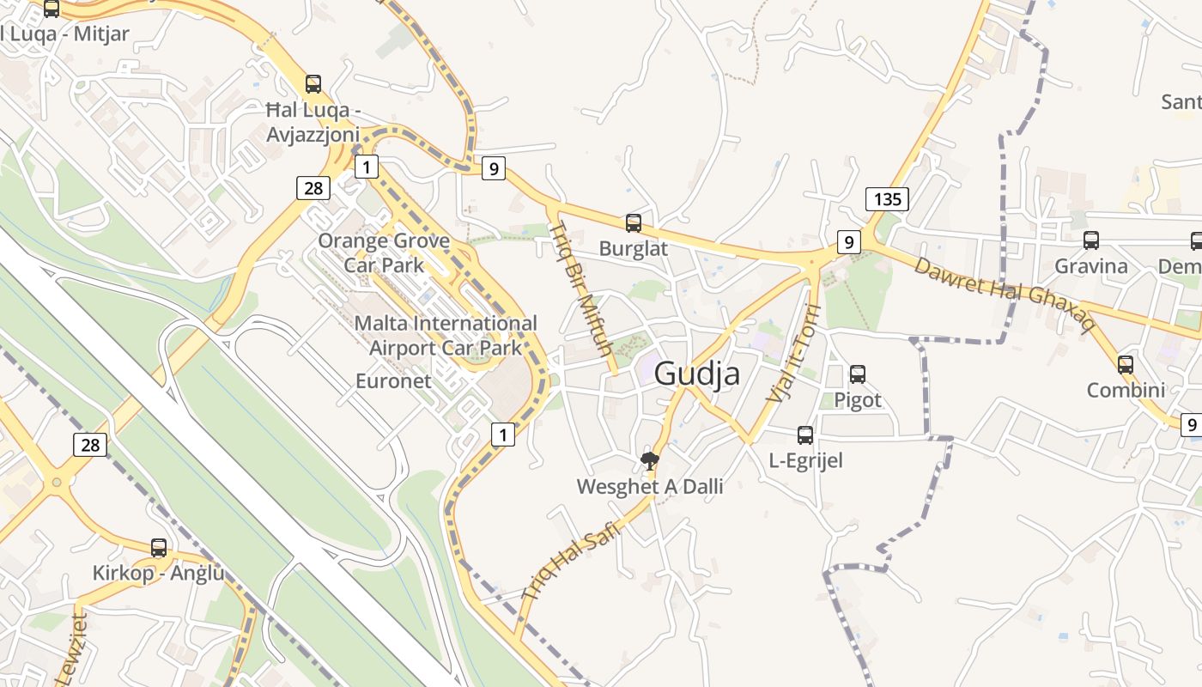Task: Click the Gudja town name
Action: [696, 374]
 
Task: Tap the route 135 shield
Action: [887, 200]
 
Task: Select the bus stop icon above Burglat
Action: [634, 223]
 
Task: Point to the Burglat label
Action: [634, 249]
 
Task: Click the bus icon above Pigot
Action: [858, 374]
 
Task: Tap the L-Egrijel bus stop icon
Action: [805, 435]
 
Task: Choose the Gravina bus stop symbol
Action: [1091, 240]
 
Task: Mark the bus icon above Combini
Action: [1126, 365]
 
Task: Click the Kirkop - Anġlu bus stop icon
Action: [159, 548]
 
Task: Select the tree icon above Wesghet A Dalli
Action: [650, 461]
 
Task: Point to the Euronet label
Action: [393, 380]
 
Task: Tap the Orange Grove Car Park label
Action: [384, 252]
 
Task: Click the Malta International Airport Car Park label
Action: [446, 335]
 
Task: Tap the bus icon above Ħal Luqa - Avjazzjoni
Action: [313, 84]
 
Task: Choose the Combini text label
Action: [1126, 391]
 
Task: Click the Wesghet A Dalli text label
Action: [650, 487]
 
